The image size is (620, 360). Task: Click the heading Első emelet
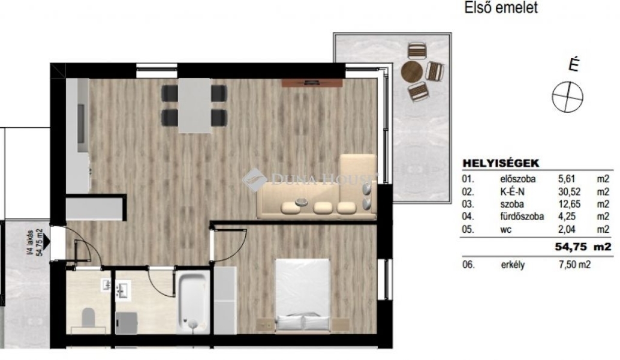click(501, 8)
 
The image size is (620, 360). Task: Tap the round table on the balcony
click(412, 71)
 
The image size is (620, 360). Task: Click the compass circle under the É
click(567, 97)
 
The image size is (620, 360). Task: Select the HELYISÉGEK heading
click(501, 163)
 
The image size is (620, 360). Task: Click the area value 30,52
click(570, 192)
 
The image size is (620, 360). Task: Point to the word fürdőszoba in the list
click(522, 217)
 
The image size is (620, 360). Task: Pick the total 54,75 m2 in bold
click(583, 247)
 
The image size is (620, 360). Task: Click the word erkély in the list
click(513, 265)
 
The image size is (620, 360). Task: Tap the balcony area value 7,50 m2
click(574, 264)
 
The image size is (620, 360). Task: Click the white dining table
click(194, 106)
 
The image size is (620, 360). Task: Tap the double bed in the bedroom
click(302, 295)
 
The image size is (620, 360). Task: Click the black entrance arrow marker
click(46, 241)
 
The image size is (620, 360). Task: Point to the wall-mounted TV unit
click(312, 82)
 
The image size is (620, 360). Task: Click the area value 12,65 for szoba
click(570, 204)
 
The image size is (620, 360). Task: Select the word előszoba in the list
click(517, 179)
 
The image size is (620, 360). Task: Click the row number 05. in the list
click(468, 229)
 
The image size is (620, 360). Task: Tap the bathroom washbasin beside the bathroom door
click(123, 290)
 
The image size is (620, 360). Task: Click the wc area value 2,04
click(567, 229)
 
